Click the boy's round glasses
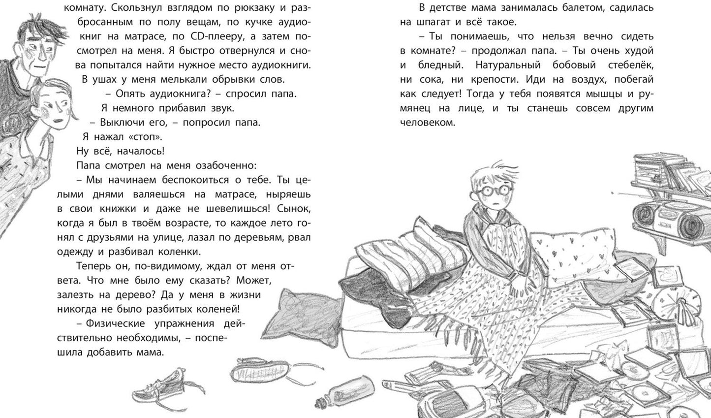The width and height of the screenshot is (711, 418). click(487, 190)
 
